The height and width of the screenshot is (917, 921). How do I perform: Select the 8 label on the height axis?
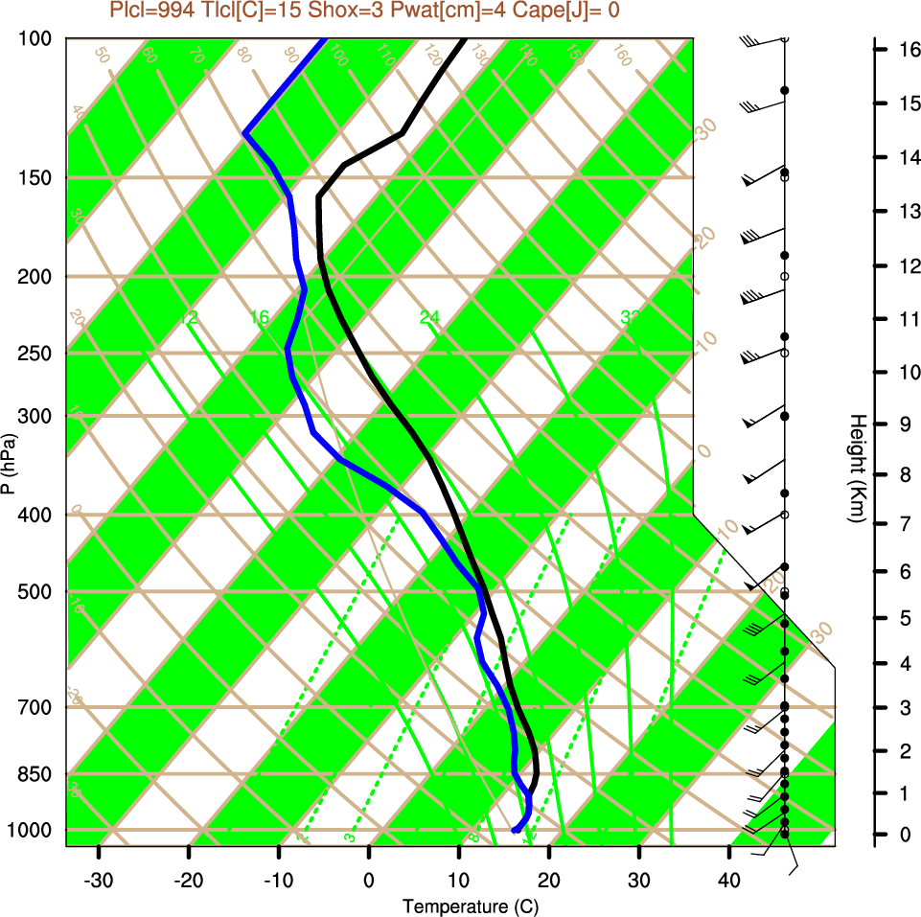coord(903,474)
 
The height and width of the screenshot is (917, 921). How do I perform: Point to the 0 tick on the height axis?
coord(903,836)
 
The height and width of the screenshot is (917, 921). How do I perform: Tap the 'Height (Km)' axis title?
coord(858,468)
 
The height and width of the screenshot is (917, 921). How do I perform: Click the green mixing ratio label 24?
coord(429,317)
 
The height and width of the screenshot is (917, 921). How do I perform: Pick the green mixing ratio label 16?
coord(259,317)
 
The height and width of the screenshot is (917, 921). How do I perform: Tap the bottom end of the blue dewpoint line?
coord(516,830)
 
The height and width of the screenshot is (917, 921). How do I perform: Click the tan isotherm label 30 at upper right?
coord(706,129)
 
